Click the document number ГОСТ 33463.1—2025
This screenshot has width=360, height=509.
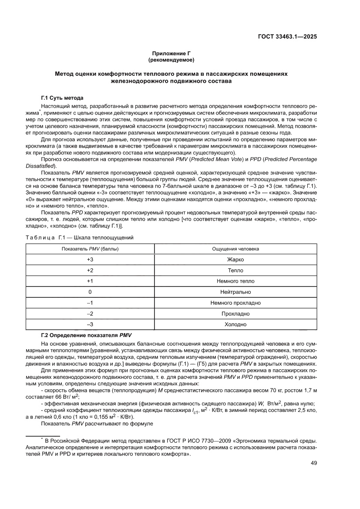click(x=287, y=37)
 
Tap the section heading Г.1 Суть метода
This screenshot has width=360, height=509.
click(x=62, y=98)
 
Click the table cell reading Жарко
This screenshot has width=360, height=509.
click(x=235, y=260)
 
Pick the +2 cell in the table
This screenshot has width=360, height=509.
click(x=90, y=270)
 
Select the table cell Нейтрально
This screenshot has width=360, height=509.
click(x=235, y=292)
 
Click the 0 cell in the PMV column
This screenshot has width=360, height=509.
click(x=90, y=292)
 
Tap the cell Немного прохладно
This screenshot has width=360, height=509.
click(x=235, y=303)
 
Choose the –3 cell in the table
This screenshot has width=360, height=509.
click(x=90, y=324)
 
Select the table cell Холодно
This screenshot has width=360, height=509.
click(x=235, y=324)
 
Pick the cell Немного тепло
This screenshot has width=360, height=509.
click(x=235, y=281)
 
